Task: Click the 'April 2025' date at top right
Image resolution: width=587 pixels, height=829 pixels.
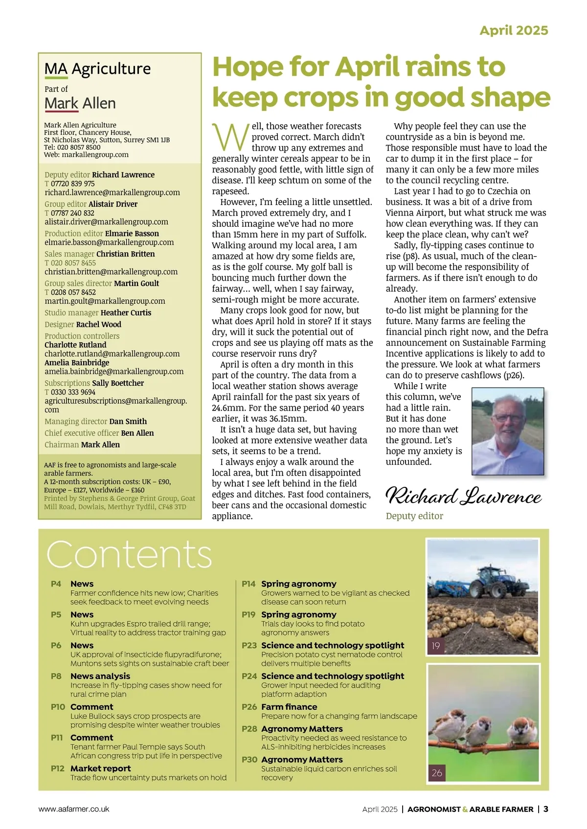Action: pyautogui.click(x=514, y=30)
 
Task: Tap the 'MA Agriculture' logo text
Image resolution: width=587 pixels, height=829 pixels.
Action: pyautogui.click(x=97, y=69)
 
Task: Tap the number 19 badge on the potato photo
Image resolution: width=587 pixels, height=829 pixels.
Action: pyautogui.click(x=436, y=646)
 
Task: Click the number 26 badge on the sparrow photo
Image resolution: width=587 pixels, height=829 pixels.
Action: pyautogui.click(x=437, y=773)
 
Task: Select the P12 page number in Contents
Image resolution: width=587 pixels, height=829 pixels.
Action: pyautogui.click(x=57, y=768)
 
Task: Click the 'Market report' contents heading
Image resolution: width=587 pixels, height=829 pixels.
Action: pyautogui.click(x=100, y=768)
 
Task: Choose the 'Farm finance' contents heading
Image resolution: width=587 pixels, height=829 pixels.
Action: pyautogui.click(x=289, y=707)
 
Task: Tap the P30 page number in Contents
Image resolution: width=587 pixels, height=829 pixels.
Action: pyautogui.click(x=249, y=760)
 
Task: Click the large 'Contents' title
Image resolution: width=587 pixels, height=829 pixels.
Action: pyautogui.click(x=129, y=554)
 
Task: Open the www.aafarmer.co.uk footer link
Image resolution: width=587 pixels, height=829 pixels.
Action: pyautogui.click(x=74, y=809)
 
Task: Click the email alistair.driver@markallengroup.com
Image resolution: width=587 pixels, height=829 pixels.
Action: pyautogui.click(x=106, y=222)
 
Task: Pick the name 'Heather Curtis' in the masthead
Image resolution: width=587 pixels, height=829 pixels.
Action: pyautogui.click(x=126, y=313)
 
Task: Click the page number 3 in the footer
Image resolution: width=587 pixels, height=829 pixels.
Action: pyautogui.click(x=545, y=809)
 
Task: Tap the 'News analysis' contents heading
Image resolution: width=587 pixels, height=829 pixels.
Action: pyautogui.click(x=100, y=676)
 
